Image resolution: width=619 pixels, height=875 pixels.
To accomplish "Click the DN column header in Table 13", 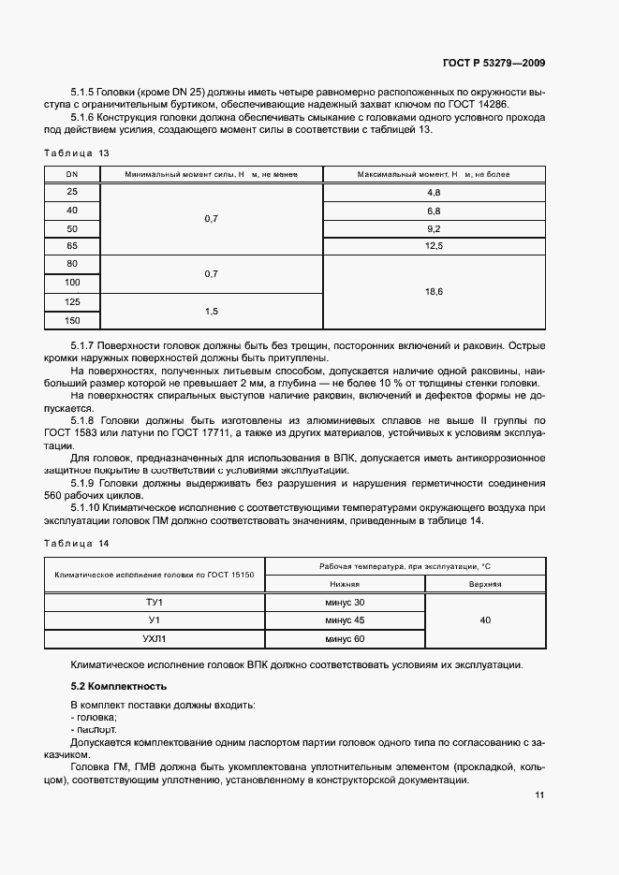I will coord(71,174).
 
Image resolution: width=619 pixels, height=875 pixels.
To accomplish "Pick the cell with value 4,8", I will coord(433,192).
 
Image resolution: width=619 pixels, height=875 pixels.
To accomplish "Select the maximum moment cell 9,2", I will coord(433,228).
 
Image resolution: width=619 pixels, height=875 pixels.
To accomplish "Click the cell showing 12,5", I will coord(433,246).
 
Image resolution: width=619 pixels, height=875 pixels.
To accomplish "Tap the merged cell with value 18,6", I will coord(433,292).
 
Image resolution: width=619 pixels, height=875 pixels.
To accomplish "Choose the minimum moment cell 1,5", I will coord(211,311).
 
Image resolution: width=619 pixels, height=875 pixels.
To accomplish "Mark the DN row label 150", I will coord(71,320).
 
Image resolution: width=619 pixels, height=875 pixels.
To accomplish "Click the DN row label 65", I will coord(71,246).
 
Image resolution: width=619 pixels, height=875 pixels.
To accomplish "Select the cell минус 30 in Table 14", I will coord(345,602).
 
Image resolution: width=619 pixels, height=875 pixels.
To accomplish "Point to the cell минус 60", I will coord(345,638).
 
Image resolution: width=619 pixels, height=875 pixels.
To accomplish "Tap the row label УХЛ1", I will coord(155,638).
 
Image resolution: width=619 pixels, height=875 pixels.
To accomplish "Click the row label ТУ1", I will coord(155,602).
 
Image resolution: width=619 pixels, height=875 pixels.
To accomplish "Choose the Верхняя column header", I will coord(485,584).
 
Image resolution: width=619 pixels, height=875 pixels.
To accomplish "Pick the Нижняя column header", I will coord(345,584).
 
